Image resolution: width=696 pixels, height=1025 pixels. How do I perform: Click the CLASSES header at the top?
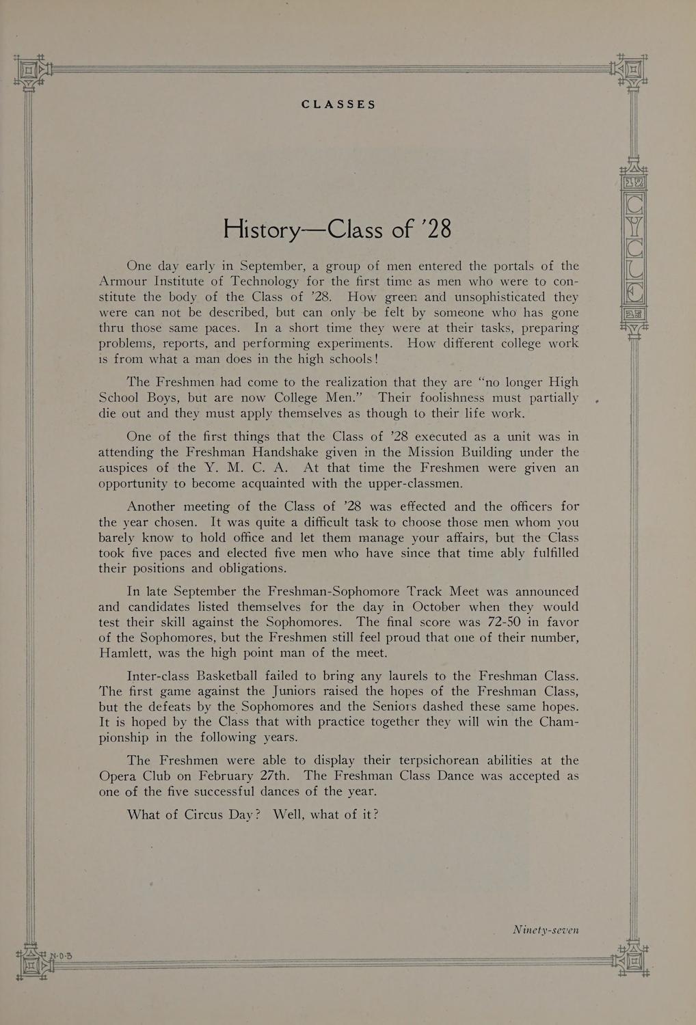point(338,105)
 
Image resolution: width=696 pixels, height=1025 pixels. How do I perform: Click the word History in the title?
point(261,230)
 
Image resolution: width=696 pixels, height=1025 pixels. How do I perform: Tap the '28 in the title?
point(438,230)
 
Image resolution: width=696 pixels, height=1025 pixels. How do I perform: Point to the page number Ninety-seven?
point(546,929)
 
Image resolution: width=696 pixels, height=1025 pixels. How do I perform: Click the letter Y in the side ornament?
point(635,228)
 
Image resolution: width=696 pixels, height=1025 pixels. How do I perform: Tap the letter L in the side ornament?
point(635,271)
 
